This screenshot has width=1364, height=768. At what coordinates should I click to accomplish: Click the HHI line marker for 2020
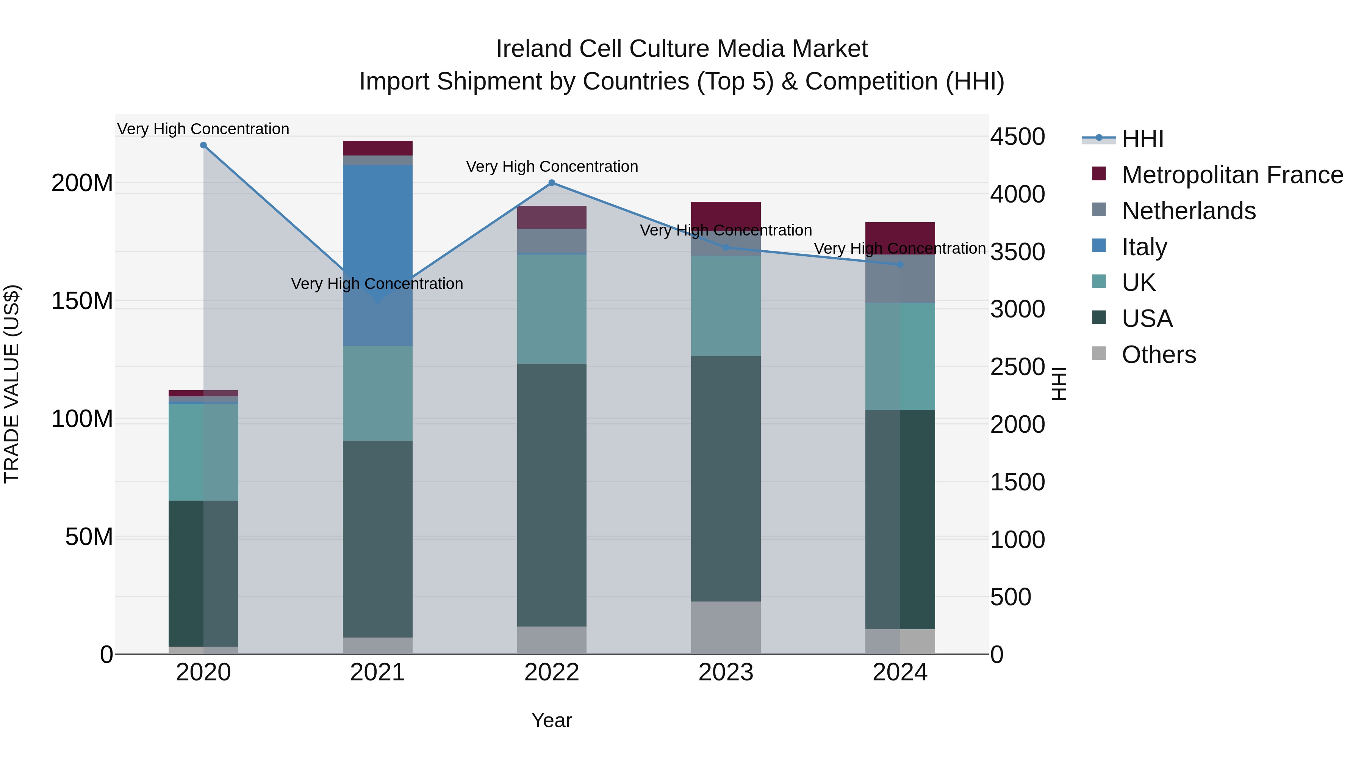[x=203, y=145]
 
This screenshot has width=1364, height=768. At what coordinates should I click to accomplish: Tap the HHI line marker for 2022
[x=552, y=183]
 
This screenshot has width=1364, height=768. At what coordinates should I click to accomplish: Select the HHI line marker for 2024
[x=900, y=264]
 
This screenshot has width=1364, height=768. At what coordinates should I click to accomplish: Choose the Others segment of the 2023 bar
[x=726, y=628]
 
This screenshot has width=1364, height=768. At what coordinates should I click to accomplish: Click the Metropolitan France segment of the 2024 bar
[x=900, y=238]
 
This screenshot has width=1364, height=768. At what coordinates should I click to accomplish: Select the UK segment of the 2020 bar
[x=203, y=452]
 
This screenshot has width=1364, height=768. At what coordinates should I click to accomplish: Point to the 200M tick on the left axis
[x=82, y=184]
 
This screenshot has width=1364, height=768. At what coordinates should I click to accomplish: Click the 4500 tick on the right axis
[x=1017, y=137]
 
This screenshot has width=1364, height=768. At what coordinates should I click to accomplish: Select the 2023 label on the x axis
[x=726, y=672]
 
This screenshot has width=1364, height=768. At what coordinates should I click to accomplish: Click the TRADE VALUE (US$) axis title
[x=12, y=384]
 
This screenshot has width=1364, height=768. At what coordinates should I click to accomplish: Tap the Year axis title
[x=552, y=720]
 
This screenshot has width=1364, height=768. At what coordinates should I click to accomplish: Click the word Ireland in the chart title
[x=534, y=49]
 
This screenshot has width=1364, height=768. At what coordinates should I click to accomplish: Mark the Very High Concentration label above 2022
[x=552, y=166]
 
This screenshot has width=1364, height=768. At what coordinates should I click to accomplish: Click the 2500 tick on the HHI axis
[x=1017, y=367]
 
